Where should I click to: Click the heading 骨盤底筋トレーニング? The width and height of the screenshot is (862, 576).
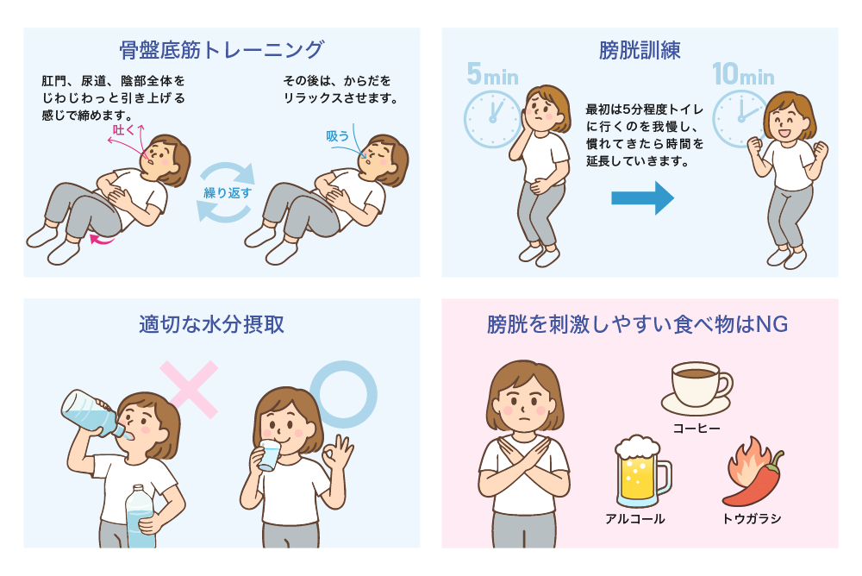click(x=222, y=50)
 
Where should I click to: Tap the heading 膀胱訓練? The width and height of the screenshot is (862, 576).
click(x=640, y=51)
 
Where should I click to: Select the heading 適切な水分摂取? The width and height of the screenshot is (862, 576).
click(x=212, y=324)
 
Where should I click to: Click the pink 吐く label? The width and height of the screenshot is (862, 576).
click(x=123, y=130)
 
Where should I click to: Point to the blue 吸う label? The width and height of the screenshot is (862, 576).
click(x=337, y=136)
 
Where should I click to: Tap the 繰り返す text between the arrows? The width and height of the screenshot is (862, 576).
click(x=228, y=193)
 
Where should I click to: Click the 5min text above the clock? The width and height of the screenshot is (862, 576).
click(x=492, y=74)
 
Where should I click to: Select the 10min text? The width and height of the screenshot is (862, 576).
click(x=743, y=74)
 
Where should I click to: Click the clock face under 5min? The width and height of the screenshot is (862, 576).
click(x=492, y=119)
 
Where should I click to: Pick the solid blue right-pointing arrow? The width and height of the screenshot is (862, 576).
click(x=643, y=198)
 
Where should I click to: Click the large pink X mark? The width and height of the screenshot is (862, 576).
click(x=189, y=390)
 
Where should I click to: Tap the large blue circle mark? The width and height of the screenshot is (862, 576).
click(x=344, y=394)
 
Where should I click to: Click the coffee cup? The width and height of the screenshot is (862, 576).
click(x=697, y=388)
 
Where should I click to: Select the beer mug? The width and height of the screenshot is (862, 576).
click(x=642, y=472)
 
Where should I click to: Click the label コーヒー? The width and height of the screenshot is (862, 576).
click(x=696, y=428)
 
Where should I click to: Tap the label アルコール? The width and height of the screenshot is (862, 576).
click(x=635, y=519)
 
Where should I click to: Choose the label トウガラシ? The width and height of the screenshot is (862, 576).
click(x=752, y=519)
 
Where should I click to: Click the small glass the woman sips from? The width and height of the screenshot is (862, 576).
click(x=269, y=455)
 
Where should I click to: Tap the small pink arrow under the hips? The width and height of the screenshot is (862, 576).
click(x=103, y=239)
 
